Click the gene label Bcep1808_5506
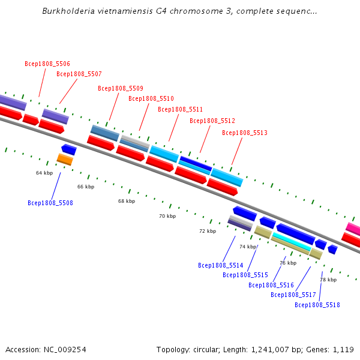click(x=47, y=64)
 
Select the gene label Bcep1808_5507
click(x=79, y=74)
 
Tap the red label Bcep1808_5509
click(x=121, y=88)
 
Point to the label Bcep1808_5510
click(x=151, y=99)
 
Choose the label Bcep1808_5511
click(x=181, y=110)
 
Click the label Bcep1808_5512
click(x=212, y=121)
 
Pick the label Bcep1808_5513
click(x=245, y=133)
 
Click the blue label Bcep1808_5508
click(x=50, y=203)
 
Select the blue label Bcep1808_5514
click(x=221, y=265)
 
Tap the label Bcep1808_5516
click(x=271, y=286)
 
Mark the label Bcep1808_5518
click(x=317, y=305)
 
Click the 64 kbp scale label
click(x=44, y=173)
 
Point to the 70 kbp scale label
click(x=167, y=216)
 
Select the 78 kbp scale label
click(x=328, y=280)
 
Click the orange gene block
click(x=65, y=159)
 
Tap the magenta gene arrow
click(x=353, y=229)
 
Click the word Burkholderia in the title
click(x=67, y=11)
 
